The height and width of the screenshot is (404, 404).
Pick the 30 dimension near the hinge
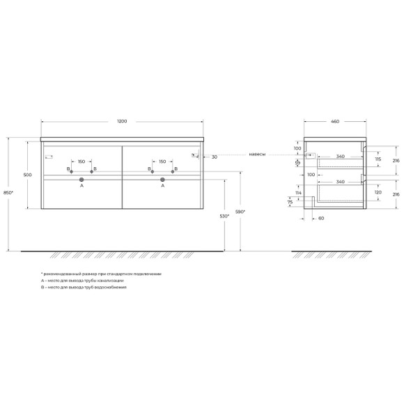(x=215, y=157)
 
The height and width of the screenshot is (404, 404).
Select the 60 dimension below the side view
(x=321, y=218)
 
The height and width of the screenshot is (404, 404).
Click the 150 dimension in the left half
(x=81, y=162)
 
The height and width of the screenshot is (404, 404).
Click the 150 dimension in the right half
(x=162, y=162)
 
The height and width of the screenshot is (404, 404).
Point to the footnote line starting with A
(x=84, y=280)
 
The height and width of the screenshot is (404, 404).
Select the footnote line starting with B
(x=84, y=287)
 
